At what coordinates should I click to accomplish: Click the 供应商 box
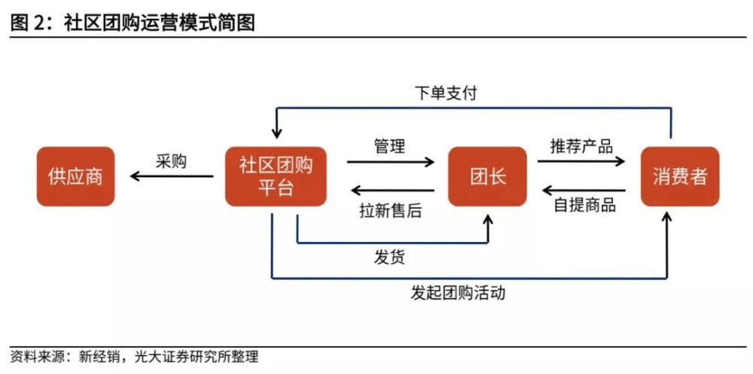pos(75,176)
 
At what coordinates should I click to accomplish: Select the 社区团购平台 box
pos(276,176)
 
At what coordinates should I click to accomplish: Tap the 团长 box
pos(488,176)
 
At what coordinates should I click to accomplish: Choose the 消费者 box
pos(679,176)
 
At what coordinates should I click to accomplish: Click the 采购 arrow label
pos(171,161)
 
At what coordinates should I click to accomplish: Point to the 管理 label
pos(389,146)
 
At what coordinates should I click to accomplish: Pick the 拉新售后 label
pos(390,210)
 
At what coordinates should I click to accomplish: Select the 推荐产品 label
pos(581,146)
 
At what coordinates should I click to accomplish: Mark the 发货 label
pos(389,257)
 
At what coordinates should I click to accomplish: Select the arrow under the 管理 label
pos(390,161)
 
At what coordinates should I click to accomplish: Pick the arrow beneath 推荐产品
pos(581,161)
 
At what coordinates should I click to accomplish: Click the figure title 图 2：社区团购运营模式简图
pos(133,23)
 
